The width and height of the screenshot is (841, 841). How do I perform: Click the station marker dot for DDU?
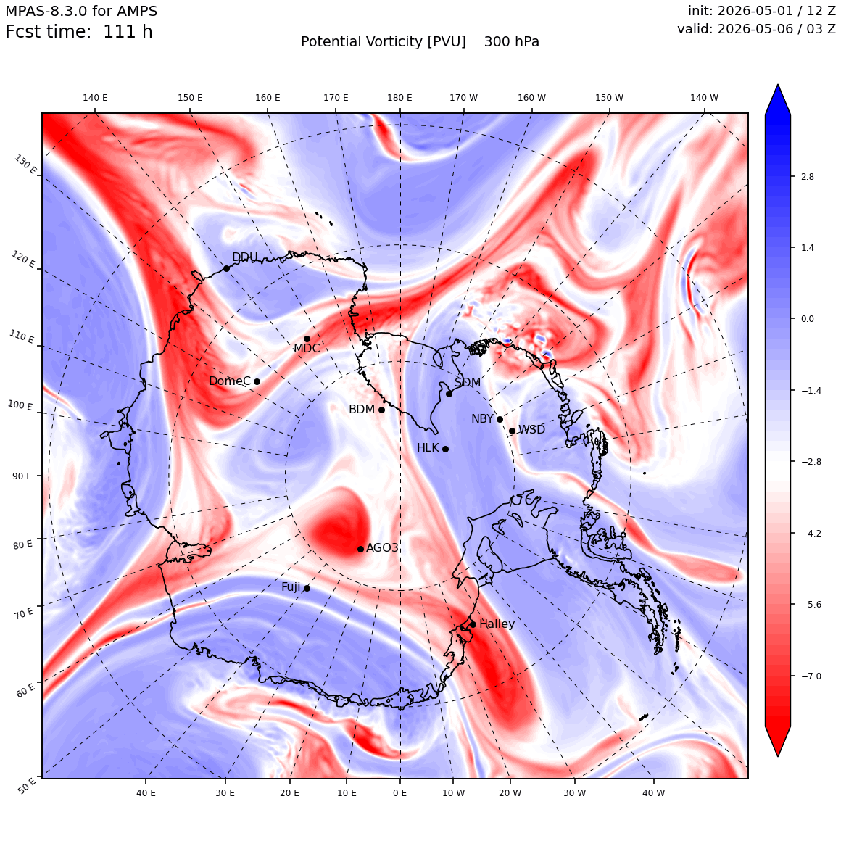pyautogui.click(x=226, y=269)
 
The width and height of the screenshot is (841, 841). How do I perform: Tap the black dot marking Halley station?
pyautogui.click(x=473, y=624)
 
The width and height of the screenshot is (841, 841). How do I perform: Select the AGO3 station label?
pyautogui.click(x=382, y=547)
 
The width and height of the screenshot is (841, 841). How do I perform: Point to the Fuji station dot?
pyautogui.click(x=307, y=589)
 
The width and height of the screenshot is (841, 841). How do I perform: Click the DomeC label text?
pyautogui.click(x=230, y=381)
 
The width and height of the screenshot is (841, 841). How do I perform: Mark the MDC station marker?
pyautogui.click(x=307, y=339)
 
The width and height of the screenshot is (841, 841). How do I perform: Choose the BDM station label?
pyautogui.click(x=362, y=409)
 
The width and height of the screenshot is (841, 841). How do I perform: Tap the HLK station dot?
pyautogui.click(x=445, y=449)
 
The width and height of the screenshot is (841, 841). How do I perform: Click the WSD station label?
pyautogui.click(x=531, y=430)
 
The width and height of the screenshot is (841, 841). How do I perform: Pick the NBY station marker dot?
pyautogui.click(x=500, y=420)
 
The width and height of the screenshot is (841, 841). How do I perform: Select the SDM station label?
pyautogui.click(x=468, y=382)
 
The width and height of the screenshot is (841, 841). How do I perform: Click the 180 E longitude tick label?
pyautogui.click(x=399, y=98)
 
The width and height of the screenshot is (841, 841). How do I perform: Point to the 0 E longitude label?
pyautogui.click(x=399, y=792)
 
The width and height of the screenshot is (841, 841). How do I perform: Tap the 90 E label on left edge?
pyautogui.click(x=22, y=476)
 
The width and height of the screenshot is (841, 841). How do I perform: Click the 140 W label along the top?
pyautogui.click(x=704, y=98)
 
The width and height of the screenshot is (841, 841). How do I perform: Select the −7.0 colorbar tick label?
pyautogui.click(x=811, y=676)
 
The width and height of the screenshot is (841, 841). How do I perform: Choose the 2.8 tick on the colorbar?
pyautogui.click(x=807, y=176)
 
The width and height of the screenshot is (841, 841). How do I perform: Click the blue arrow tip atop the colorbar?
pyautogui.click(x=778, y=84)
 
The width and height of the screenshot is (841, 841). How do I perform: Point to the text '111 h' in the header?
pyautogui.click(x=128, y=32)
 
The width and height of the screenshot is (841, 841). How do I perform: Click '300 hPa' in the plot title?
pyautogui.click(x=512, y=42)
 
